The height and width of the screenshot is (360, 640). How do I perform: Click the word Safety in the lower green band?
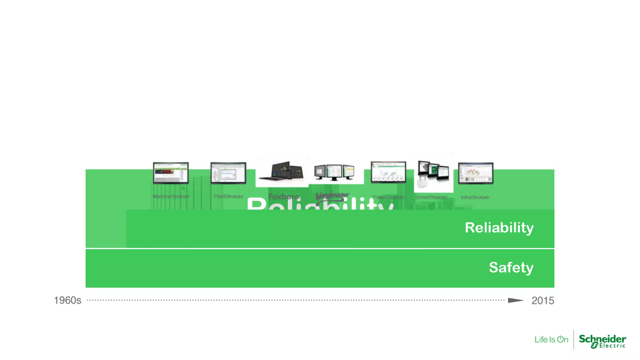click(x=511, y=267)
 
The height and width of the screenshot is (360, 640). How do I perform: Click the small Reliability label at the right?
click(x=499, y=227)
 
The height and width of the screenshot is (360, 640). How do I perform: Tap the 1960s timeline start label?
click(x=67, y=300)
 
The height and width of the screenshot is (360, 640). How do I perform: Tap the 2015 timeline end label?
click(x=542, y=301)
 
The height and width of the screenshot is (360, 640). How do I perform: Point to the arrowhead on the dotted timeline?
click(x=515, y=300)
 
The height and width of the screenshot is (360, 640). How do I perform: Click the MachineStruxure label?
click(x=171, y=197)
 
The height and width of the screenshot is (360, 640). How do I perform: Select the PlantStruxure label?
click(x=228, y=197)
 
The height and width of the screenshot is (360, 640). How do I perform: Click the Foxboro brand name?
click(x=283, y=197)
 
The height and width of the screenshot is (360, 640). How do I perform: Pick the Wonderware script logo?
click(x=332, y=196)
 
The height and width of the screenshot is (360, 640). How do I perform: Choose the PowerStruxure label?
click(x=388, y=197)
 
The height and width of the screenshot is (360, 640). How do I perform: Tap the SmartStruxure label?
click(x=432, y=197)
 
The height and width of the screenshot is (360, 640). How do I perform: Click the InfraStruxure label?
click(x=475, y=197)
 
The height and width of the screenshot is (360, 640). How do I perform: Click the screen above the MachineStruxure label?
click(x=171, y=172)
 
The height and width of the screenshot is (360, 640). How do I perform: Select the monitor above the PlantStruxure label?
click(x=228, y=172)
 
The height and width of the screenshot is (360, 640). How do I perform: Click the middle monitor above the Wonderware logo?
click(x=334, y=172)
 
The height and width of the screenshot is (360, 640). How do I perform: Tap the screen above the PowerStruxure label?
click(x=388, y=172)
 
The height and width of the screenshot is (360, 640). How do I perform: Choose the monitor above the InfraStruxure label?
click(x=476, y=173)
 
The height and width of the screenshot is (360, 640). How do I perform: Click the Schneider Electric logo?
click(x=602, y=341)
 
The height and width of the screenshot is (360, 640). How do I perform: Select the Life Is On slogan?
click(x=551, y=339)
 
